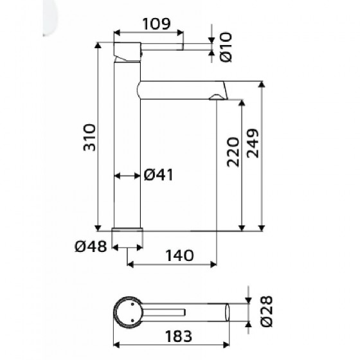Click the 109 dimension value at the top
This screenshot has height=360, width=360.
(157, 24)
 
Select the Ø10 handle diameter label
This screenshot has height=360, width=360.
(226, 47)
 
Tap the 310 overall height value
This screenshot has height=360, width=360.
(89, 138)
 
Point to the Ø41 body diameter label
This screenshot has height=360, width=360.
(158, 175)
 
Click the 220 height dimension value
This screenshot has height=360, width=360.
(233, 152)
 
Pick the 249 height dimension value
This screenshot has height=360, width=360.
(253, 143)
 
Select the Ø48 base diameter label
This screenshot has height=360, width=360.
(91, 247)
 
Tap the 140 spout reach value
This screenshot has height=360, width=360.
(179, 256)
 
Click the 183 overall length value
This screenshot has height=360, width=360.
(179, 336)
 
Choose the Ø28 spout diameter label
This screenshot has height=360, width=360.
(267, 311)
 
